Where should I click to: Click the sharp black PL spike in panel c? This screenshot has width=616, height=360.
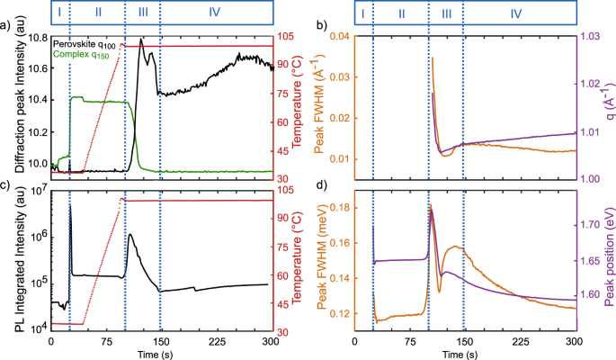[x=70, y=206]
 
